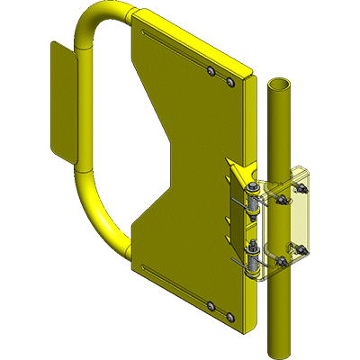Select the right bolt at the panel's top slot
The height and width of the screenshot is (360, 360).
coord(231,82)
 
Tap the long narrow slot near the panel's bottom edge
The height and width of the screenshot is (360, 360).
coord(171,278)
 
